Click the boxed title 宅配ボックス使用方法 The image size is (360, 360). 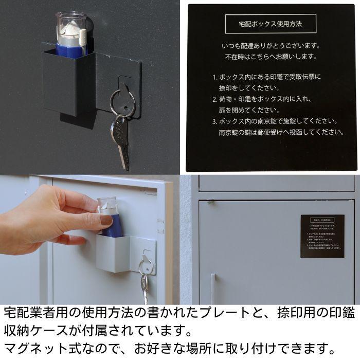point(271,24)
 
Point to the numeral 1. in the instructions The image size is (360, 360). point(215,77)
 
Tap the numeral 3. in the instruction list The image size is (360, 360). point(215,122)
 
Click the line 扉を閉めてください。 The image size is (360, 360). point(247,110)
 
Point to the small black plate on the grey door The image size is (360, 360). point(322,236)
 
